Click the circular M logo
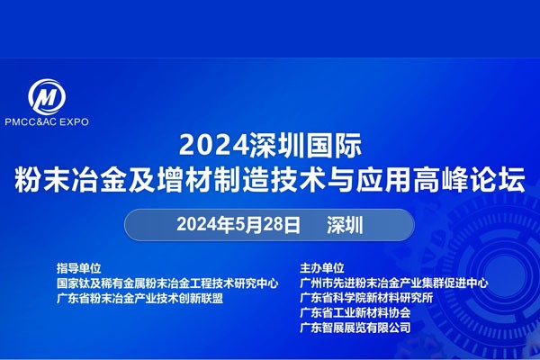pyautogui.click(x=47, y=96)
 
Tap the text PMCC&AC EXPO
pyautogui.click(x=47, y=121)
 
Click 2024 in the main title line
pyautogui.click(x=214, y=145)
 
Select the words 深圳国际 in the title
pyautogui.click(x=306, y=145)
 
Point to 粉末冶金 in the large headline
pyautogui.click(x=70, y=179)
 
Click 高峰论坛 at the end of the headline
pyautogui.click(x=470, y=179)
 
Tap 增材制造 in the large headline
pyautogui.click(x=212, y=179)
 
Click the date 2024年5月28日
pyautogui.click(x=238, y=225)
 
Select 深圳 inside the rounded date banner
pyautogui.click(x=345, y=225)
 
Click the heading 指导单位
pyautogui.click(x=79, y=267)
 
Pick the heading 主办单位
pyautogui.click(x=322, y=267)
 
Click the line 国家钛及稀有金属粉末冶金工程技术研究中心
pyautogui.click(x=167, y=283)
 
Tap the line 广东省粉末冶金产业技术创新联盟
pyautogui.click(x=139, y=298)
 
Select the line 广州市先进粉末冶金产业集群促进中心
pyautogui.click(x=394, y=283)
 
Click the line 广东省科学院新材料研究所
pyautogui.click(x=366, y=298)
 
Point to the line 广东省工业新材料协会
pyautogui.click(x=355, y=313)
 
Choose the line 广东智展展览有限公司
pyautogui.click(x=355, y=328)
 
